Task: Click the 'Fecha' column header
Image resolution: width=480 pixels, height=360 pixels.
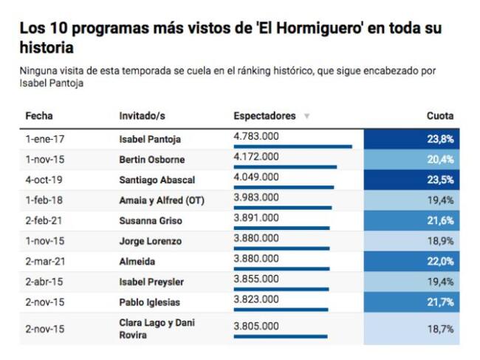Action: (39, 116)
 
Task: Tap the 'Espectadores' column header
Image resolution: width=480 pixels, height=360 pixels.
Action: (264, 116)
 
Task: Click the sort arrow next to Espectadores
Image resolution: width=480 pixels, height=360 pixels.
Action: (306, 117)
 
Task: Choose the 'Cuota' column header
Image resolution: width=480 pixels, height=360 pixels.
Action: (440, 116)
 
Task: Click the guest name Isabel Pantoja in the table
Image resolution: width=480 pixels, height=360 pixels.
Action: (150, 139)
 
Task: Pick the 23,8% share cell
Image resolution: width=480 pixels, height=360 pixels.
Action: (411, 139)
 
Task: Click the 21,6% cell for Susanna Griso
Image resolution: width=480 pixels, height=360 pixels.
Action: (411, 221)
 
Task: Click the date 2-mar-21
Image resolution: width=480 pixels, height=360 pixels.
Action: (44, 262)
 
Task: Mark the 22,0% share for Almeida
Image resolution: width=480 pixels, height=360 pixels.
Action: (411, 262)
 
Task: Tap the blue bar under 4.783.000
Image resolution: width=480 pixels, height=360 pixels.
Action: (292, 146)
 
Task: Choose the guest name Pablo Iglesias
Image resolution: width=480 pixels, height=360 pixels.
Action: (149, 302)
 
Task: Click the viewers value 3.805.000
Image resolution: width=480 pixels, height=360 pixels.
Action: (256, 325)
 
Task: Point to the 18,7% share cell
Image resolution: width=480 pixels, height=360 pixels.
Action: (411, 329)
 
